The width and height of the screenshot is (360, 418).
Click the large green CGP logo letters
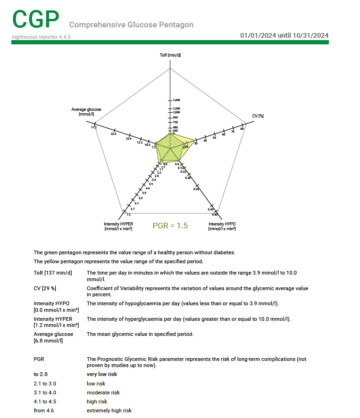point(36,19)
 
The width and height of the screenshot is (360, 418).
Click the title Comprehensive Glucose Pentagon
point(131,25)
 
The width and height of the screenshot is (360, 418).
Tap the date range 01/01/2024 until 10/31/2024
point(284,35)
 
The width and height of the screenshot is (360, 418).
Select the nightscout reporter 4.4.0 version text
point(41,36)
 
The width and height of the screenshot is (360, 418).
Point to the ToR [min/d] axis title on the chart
point(170,55)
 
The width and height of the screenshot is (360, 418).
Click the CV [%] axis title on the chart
point(258,116)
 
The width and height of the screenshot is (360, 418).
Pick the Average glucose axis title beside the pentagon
point(86,112)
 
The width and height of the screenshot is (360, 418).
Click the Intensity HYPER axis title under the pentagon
point(118,226)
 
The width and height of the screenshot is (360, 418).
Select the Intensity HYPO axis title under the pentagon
point(222,226)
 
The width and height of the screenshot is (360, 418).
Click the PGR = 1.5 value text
point(170,226)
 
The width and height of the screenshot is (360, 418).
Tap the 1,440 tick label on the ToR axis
point(176,100)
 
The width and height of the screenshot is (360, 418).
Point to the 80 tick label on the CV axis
point(242,128)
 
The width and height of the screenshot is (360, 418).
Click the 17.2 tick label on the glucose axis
point(94,127)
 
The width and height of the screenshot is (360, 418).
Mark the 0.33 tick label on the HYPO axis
point(196,189)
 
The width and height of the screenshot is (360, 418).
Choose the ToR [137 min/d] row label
point(53,273)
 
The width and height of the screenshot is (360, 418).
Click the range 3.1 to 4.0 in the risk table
point(45,393)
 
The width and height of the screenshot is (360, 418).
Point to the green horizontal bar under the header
point(170,42)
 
